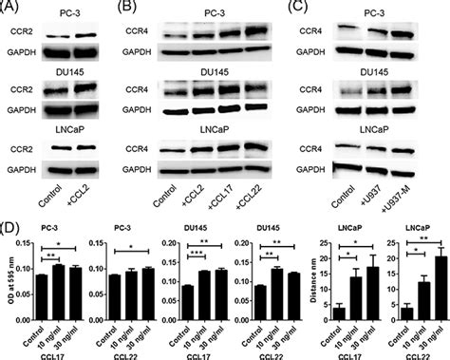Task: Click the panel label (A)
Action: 13,9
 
